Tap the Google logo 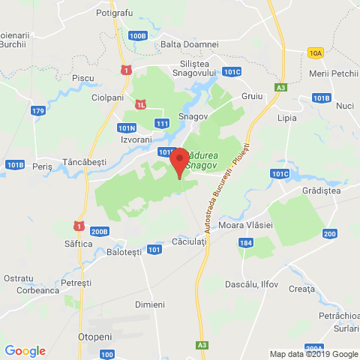pyautogui.click(x=25, y=350)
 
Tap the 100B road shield pyautogui.click(x=137, y=35)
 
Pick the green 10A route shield pyautogui.click(x=314, y=52)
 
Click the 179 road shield pyautogui.click(x=38, y=111)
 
